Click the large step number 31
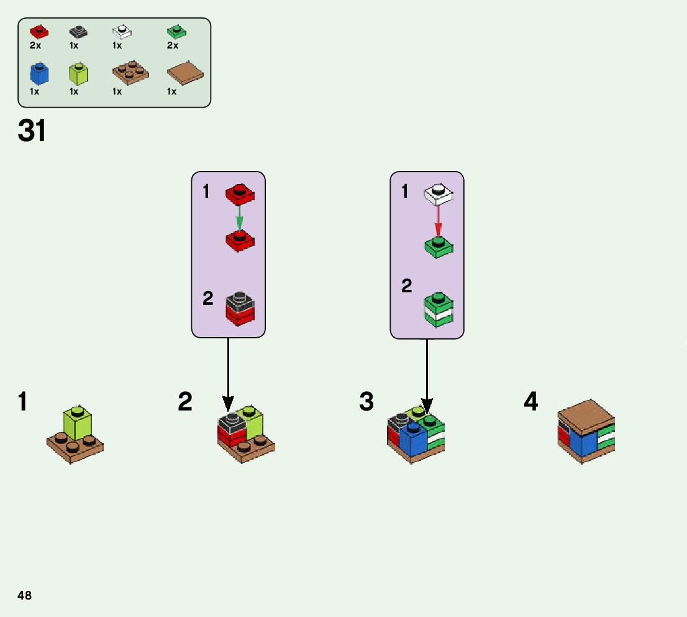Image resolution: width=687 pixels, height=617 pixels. click(x=32, y=131)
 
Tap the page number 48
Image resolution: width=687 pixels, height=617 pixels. click(x=25, y=595)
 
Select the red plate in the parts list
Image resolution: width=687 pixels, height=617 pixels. click(x=39, y=31)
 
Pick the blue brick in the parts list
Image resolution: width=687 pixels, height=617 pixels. click(x=39, y=73)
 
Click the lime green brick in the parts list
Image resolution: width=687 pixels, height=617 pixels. click(x=78, y=73)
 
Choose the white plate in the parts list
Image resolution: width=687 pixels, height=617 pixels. click(x=122, y=31)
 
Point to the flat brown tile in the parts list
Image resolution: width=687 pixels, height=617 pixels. click(x=186, y=74)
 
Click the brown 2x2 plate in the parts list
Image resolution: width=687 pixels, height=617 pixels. click(x=130, y=72)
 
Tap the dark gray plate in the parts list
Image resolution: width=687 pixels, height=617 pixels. click(x=78, y=31)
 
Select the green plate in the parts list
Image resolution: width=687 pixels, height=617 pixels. click(x=177, y=31)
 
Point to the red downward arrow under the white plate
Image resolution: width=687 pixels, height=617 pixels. click(x=438, y=220)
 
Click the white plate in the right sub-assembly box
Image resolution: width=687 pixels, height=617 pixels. click(x=439, y=194)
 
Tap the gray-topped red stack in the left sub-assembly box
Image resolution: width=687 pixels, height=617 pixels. click(x=240, y=308)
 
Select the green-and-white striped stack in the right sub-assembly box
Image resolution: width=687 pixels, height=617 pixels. click(x=439, y=310)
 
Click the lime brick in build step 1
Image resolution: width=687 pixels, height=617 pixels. click(x=78, y=423)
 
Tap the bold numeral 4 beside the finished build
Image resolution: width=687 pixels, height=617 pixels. click(x=531, y=402)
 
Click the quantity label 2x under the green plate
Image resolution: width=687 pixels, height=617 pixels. click(x=173, y=45)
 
